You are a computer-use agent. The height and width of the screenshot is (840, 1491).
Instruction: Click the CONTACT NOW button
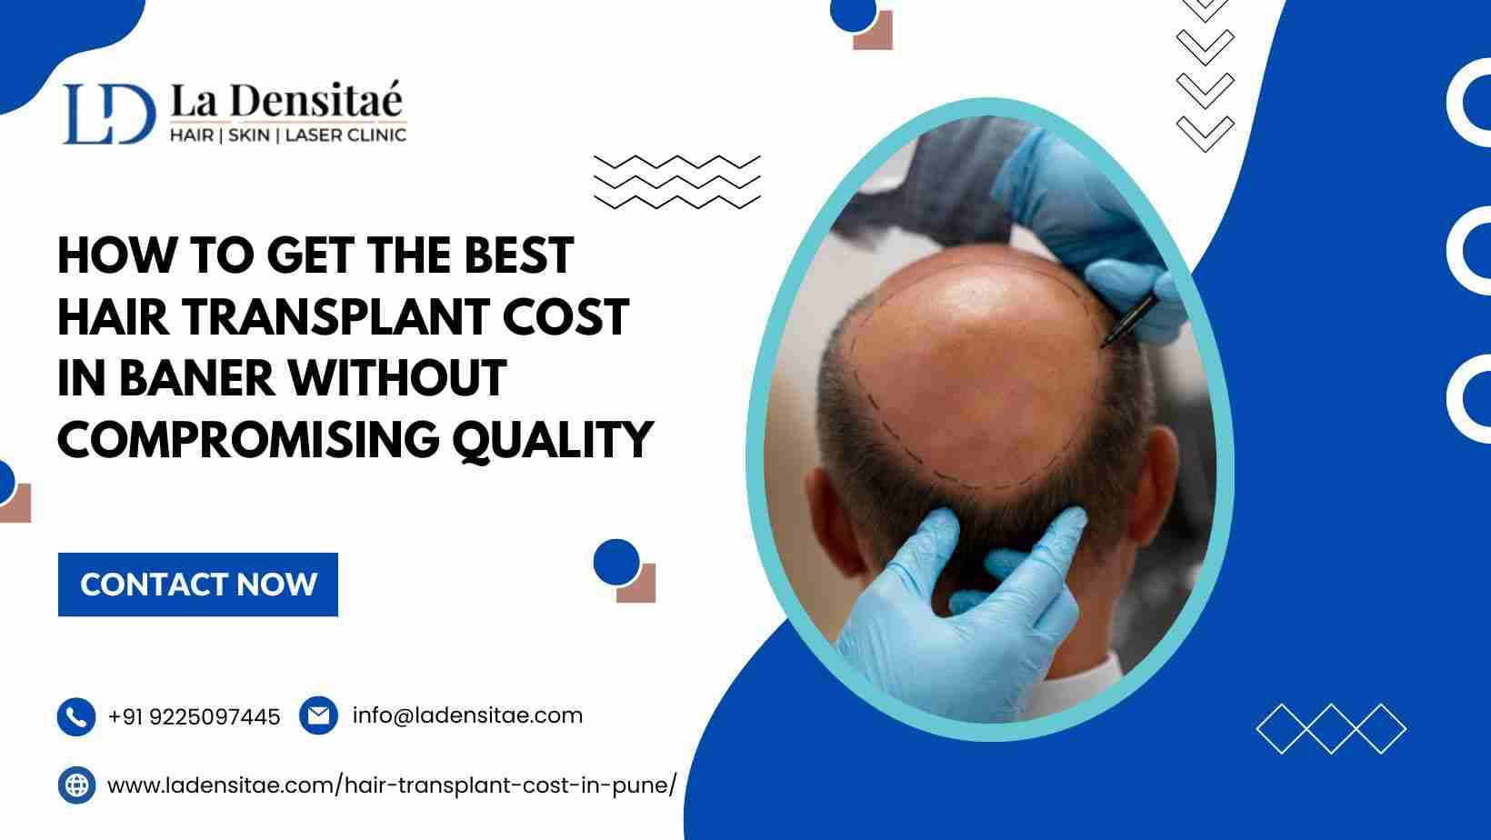point(197,585)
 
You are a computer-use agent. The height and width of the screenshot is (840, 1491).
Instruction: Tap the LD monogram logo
point(109,114)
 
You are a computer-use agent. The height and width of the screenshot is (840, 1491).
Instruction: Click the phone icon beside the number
point(76,717)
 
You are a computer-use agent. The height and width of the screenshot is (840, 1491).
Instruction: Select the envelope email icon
point(318,715)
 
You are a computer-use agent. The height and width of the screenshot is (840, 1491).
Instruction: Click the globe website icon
point(76,785)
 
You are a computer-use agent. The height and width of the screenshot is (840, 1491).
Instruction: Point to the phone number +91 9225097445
point(194,717)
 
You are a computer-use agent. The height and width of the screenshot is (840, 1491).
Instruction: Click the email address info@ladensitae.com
point(467,715)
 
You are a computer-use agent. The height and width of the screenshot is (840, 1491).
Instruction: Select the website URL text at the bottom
point(392,785)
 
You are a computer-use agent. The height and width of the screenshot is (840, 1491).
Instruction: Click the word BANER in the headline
point(196,378)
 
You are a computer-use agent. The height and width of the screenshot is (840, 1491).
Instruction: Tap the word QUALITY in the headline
point(553,441)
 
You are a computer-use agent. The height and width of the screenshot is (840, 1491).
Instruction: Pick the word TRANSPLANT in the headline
point(335,317)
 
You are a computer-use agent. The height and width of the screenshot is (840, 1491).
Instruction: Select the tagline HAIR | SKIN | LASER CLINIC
point(287,135)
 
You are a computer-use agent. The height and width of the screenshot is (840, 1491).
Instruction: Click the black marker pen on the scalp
point(1129,321)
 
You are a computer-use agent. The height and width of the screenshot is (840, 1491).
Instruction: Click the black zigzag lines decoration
point(677,183)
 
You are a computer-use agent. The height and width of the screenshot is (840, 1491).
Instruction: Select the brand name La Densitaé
point(287,100)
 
